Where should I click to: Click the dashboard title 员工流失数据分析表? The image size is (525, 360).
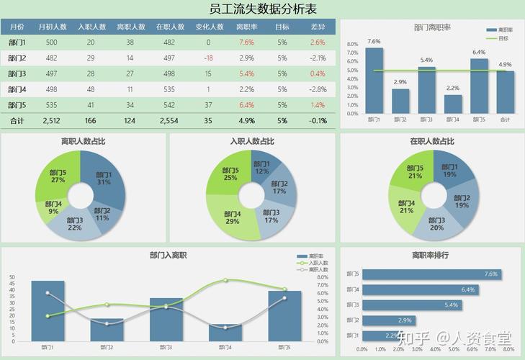262,9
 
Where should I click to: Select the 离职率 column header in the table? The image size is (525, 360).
246,27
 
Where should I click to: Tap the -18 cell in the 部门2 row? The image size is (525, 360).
208,58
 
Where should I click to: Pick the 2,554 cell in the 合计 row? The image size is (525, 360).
169,121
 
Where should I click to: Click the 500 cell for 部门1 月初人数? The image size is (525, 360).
52,42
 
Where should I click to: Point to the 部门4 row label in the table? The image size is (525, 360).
17,90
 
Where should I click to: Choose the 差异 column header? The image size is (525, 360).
318,27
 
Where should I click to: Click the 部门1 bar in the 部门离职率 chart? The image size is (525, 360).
374,81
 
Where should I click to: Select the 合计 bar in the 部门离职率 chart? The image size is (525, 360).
506,91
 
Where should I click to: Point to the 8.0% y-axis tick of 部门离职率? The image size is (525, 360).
352,44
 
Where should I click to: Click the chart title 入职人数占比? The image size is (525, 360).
251,141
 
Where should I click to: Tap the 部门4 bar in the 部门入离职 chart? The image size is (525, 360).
225,332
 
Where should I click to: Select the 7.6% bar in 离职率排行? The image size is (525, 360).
431,274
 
